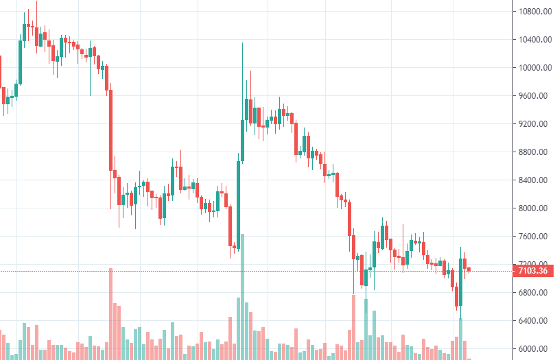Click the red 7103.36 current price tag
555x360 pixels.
532,271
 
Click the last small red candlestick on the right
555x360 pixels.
469,269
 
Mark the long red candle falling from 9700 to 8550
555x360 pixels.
110,130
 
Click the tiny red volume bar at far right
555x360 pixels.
469,358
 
